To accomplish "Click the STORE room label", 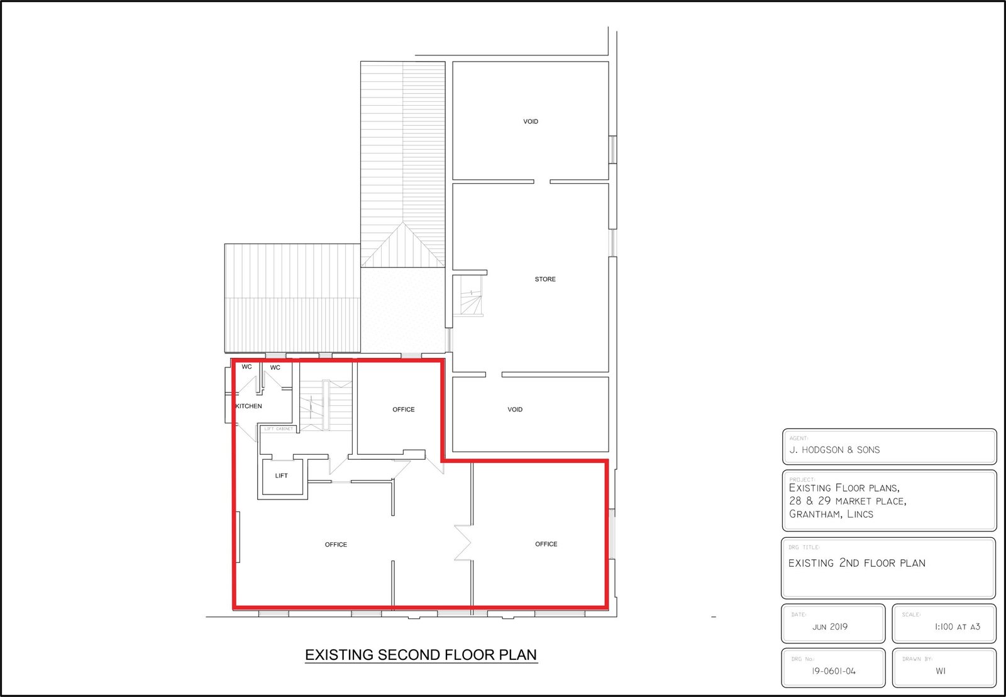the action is pos(544,279).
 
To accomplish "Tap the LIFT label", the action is pos(281,476).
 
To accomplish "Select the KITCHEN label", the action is pos(248,406).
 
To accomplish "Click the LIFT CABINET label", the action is pos(279,429).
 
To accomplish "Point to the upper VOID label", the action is pos(531,121).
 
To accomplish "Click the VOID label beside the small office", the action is pos(515,410).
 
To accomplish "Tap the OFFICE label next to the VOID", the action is pos(403,410).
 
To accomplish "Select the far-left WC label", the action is pos(246,367).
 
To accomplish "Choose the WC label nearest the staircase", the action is pos(275,367).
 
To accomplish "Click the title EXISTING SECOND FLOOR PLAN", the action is pos(421,655).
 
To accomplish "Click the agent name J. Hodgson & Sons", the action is pos(834,450).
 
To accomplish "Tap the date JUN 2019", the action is pos(830,627).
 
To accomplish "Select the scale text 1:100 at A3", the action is pos(958,627).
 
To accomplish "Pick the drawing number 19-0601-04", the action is pos(834,671).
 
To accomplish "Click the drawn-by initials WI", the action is pos(941,671).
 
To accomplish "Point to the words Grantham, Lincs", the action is pos(831,514).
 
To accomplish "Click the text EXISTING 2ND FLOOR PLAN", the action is pos(857,563).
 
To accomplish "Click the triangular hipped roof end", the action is pos(403,245).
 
